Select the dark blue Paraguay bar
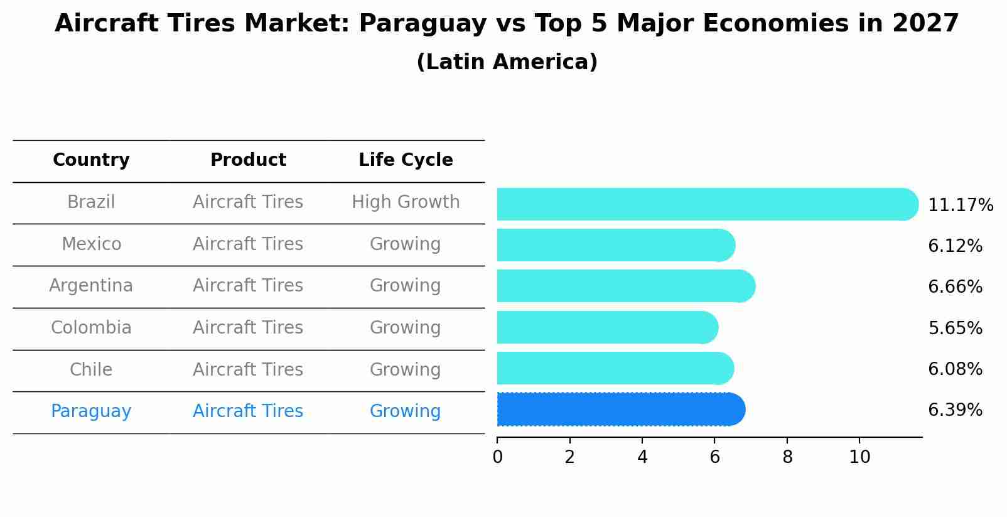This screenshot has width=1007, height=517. pyautogui.click(x=620, y=410)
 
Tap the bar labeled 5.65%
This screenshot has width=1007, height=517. pyautogui.click(x=606, y=327)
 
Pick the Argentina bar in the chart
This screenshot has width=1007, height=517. pyautogui.click(x=625, y=286)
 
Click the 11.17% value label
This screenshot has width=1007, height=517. pyautogui.click(x=960, y=205)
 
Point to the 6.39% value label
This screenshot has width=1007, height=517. pyautogui.click(x=955, y=410)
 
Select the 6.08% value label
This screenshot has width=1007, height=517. pyautogui.click(x=955, y=369)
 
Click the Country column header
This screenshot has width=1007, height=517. pyautogui.click(x=91, y=160)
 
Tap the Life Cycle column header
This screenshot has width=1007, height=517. pyautogui.click(x=406, y=160)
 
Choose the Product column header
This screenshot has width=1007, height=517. pyautogui.click(x=248, y=160)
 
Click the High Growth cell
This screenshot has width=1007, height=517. pyautogui.click(x=406, y=202)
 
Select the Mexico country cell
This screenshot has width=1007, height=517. pyautogui.click(x=91, y=244)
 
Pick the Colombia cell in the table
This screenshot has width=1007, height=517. pyautogui.click(x=91, y=328)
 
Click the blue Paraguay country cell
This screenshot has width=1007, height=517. pyautogui.click(x=91, y=411)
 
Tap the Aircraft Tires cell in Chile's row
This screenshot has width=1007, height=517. pyautogui.click(x=248, y=369)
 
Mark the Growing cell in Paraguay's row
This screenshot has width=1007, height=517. pyautogui.click(x=406, y=411)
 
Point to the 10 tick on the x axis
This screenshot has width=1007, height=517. pyautogui.click(x=859, y=457)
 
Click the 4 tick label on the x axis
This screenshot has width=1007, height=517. pyautogui.click(x=642, y=457)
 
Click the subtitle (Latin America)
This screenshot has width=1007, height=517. pyautogui.click(x=507, y=62)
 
